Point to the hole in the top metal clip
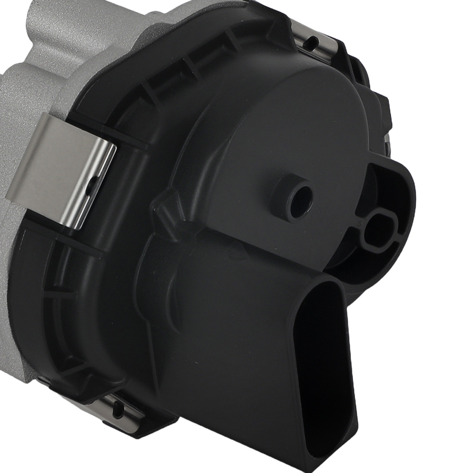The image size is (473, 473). click(313, 42)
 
